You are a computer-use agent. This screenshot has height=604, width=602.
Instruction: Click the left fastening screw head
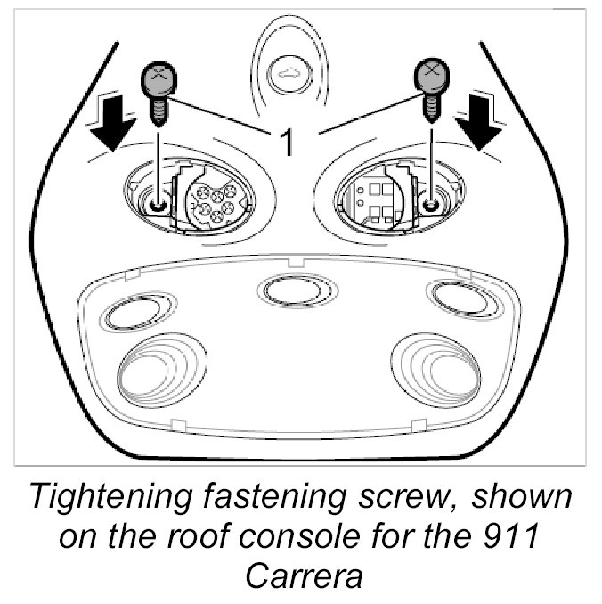coord(157,81)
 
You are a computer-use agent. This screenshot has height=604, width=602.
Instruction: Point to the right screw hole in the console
coord(432,206)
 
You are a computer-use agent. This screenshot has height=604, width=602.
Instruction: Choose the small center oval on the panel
coord(297,289)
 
